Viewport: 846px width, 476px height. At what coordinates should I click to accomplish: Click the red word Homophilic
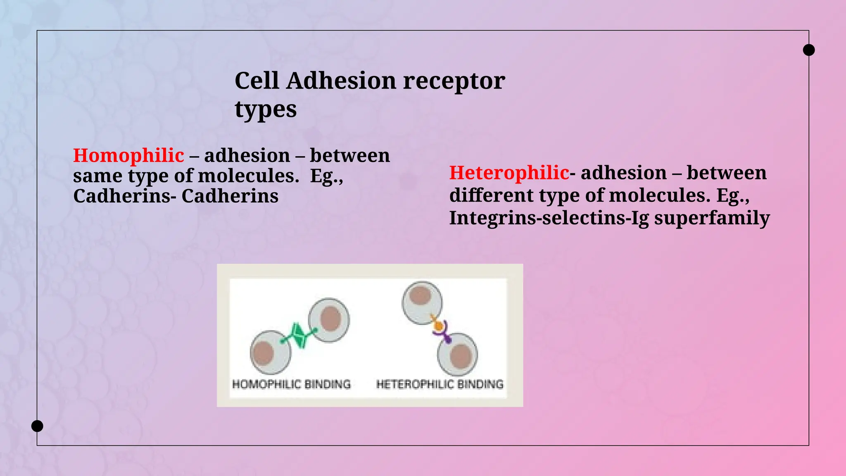[128, 156]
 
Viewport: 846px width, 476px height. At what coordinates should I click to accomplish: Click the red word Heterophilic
[509, 173]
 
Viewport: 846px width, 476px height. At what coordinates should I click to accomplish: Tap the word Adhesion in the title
[341, 81]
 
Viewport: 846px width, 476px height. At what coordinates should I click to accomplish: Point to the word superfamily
[712, 218]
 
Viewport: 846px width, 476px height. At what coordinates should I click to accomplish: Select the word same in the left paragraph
[98, 176]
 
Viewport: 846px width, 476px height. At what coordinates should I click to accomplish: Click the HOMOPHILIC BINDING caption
[291, 384]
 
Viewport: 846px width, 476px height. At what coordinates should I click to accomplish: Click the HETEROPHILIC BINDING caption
[440, 384]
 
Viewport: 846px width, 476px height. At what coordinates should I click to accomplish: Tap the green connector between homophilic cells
[299, 335]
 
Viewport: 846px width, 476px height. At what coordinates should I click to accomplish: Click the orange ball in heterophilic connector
[437, 326]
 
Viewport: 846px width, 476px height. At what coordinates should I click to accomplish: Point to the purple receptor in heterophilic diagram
[444, 335]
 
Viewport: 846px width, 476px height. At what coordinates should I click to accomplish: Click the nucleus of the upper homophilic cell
[330, 319]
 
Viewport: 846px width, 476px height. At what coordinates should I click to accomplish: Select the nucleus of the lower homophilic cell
[263, 352]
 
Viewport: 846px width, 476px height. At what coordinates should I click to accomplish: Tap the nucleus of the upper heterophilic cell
[421, 296]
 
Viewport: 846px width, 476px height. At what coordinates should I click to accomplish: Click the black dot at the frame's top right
[808, 50]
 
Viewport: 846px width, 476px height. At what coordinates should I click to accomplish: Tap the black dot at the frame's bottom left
[37, 426]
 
